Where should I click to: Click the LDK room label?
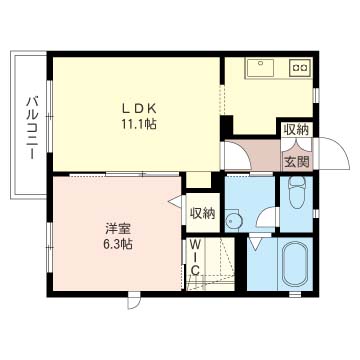pos(139,109)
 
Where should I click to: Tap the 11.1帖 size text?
pos(139,125)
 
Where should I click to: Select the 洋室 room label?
pos(118,229)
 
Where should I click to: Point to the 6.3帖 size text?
pos(117,245)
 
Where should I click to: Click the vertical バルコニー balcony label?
pos(32,127)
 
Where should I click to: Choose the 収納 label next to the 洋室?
pos(202,214)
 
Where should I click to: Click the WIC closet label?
pos(195,258)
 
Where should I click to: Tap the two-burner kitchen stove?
pos(300,68)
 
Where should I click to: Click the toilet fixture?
pos(297,192)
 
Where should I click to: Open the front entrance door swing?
pos(333,153)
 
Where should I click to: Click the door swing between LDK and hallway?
pos(237,156)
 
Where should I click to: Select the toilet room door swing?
pos(267,217)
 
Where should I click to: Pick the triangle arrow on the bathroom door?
pos(255,246)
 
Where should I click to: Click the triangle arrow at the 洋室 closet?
pos(175,202)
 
